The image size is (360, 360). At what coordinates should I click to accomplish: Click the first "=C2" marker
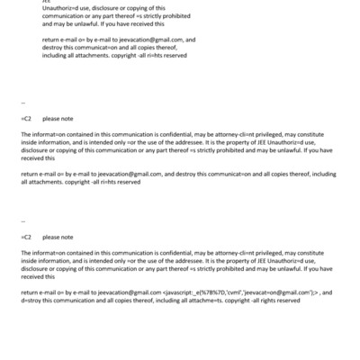(26, 118)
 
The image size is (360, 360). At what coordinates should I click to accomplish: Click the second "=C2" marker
(26, 238)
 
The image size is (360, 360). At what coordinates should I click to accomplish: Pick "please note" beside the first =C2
(58, 118)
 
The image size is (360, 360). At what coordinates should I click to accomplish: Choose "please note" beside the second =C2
(58, 238)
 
